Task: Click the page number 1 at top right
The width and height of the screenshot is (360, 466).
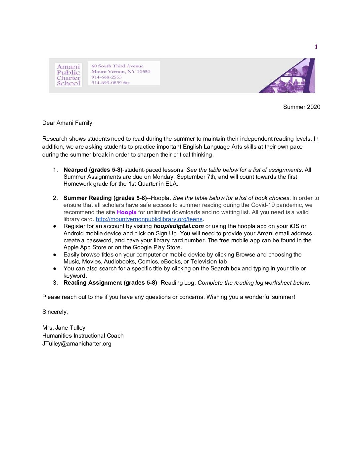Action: coord(316,47)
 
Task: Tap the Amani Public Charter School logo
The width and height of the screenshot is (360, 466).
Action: coord(68,75)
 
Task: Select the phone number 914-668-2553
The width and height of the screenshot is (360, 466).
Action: coord(107,77)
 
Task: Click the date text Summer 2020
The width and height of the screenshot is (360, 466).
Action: coord(301,107)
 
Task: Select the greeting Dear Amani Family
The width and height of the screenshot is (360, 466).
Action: coord(68,123)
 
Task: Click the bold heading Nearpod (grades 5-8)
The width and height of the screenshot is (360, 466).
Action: coord(93,170)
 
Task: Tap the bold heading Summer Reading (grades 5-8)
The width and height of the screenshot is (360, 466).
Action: coord(105,198)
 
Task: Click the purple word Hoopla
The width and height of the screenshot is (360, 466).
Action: coord(126,212)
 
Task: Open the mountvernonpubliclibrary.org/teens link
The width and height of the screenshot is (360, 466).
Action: coord(149,219)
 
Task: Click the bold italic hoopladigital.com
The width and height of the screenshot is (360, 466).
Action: coord(178,226)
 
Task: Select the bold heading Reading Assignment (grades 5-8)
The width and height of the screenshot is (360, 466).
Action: coord(110,283)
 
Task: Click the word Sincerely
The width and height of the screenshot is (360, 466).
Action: coord(55,312)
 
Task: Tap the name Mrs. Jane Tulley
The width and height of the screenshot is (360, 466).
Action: coord(64,328)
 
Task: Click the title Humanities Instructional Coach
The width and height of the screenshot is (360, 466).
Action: coord(83,336)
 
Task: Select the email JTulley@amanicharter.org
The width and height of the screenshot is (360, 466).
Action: coord(77,344)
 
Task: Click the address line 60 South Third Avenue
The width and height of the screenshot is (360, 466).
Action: coord(117,66)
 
